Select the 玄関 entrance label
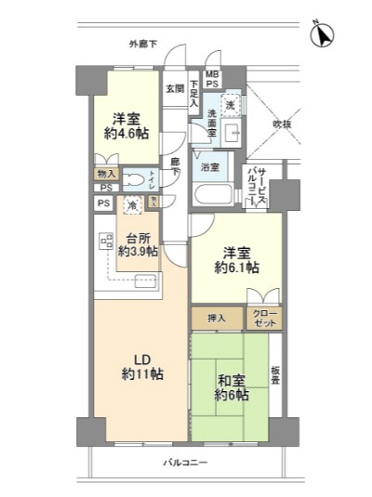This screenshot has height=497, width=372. (x=175, y=89)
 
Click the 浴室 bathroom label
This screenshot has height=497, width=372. (x=211, y=167)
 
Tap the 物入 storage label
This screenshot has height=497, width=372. (x=104, y=174)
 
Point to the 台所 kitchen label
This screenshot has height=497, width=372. (x=137, y=236)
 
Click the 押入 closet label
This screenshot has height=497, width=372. (x=216, y=318)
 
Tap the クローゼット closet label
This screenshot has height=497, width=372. (x=265, y=318)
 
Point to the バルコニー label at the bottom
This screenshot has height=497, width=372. (x=185, y=463)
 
